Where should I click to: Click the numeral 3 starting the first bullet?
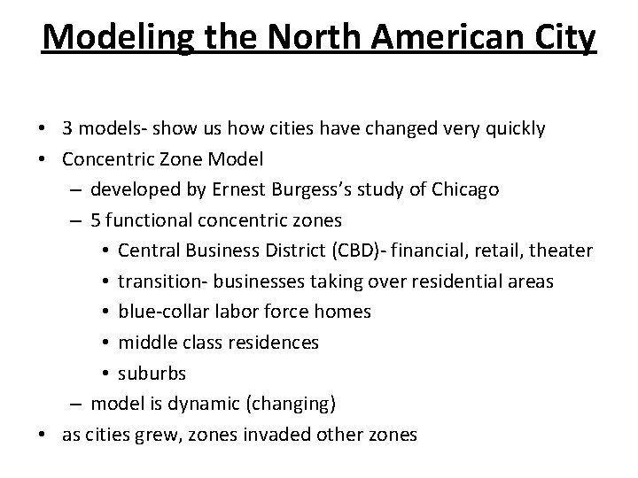tap(67, 128)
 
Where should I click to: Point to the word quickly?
tap(510, 128)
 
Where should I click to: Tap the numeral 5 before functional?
tap(95, 220)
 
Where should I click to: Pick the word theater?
tap(561, 251)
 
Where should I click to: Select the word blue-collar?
tap(159, 312)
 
